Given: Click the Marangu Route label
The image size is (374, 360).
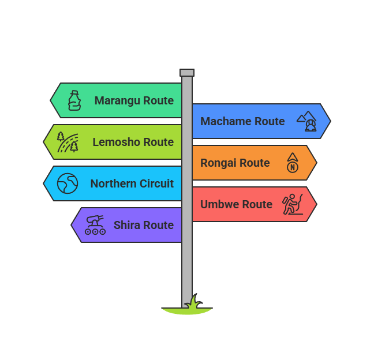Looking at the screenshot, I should point(134,100).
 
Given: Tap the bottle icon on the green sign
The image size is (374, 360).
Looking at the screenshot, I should point(74,100).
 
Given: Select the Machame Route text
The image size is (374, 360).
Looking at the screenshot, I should point(242,121).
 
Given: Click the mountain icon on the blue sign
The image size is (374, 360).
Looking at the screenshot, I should point(307,121).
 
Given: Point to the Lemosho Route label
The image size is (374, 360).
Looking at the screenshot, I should point(133,142).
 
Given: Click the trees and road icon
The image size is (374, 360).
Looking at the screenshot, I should point(68,142).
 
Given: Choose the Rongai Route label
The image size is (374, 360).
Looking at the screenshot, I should point(235,163).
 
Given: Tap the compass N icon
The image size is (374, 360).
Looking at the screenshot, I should point(293,163).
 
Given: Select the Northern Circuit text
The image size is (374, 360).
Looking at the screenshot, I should point(132,183).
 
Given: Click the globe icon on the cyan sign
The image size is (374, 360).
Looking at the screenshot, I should point(67,183).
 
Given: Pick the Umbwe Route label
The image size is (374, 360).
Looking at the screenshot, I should point(236,204).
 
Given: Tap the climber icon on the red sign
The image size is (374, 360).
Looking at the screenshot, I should point(293,204).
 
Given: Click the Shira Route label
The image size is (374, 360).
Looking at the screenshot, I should point(144,225).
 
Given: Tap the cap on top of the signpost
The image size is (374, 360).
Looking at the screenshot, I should point(187,73).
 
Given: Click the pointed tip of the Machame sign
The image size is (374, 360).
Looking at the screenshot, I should point(328,121).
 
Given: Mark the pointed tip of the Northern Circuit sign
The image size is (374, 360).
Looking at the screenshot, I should point(46,183).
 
